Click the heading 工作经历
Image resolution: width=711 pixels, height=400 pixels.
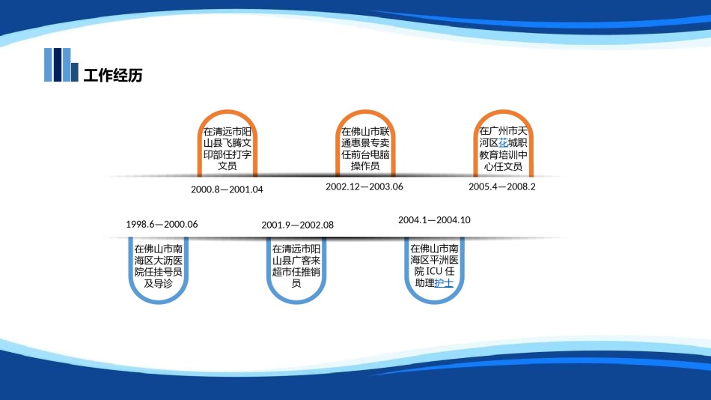[112, 75]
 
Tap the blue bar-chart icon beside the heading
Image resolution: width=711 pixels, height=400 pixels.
[61, 64]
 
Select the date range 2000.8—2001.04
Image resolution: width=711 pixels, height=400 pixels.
[227, 190]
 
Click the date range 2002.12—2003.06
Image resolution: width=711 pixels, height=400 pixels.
[364, 187]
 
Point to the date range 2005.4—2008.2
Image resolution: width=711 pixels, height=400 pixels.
[502, 187]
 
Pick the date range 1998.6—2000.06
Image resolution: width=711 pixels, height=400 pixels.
[162, 224]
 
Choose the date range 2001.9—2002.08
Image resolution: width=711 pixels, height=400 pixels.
[297, 225]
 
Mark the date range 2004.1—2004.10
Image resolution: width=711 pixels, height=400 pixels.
[434, 220]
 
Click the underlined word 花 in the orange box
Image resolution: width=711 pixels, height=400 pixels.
[504, 143]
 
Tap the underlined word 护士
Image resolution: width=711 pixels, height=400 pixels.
[444, 284]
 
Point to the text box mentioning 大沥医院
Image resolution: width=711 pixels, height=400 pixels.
[158, 266]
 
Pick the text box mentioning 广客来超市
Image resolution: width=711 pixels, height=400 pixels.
[296, 266]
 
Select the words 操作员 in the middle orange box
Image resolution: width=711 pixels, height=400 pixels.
[364, 166]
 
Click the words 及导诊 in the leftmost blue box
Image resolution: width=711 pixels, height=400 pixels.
[158, 284]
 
